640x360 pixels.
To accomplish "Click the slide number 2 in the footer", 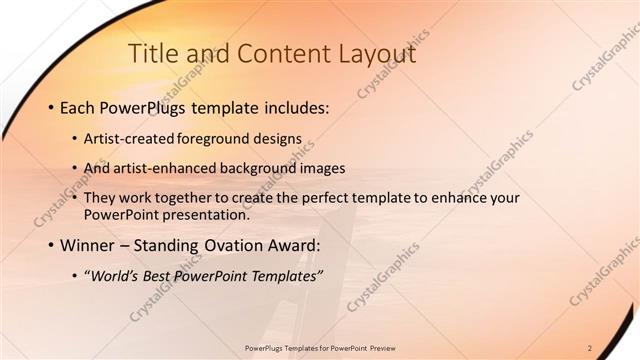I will click(590, 347).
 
